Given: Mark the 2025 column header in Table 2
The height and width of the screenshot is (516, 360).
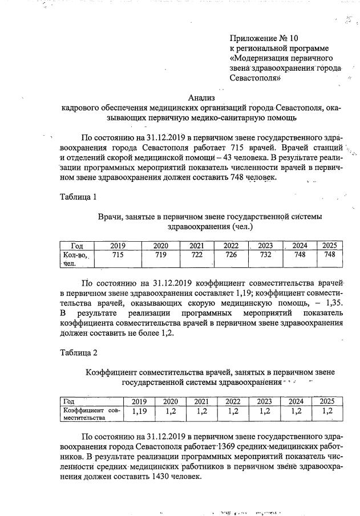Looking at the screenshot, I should pos(326,401).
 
